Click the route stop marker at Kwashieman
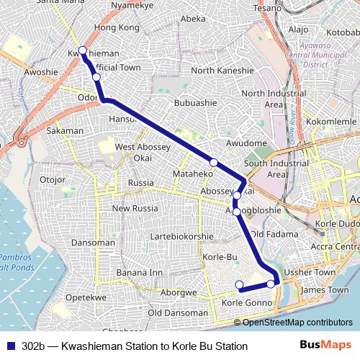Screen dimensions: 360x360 83,50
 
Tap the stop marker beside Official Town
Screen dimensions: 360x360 96,76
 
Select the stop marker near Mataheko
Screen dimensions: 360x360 213,162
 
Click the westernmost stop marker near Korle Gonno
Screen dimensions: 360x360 239,284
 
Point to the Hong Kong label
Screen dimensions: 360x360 116,27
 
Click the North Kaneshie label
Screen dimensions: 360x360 222,71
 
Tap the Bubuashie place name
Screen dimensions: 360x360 196,103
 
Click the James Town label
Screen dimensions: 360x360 317,289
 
